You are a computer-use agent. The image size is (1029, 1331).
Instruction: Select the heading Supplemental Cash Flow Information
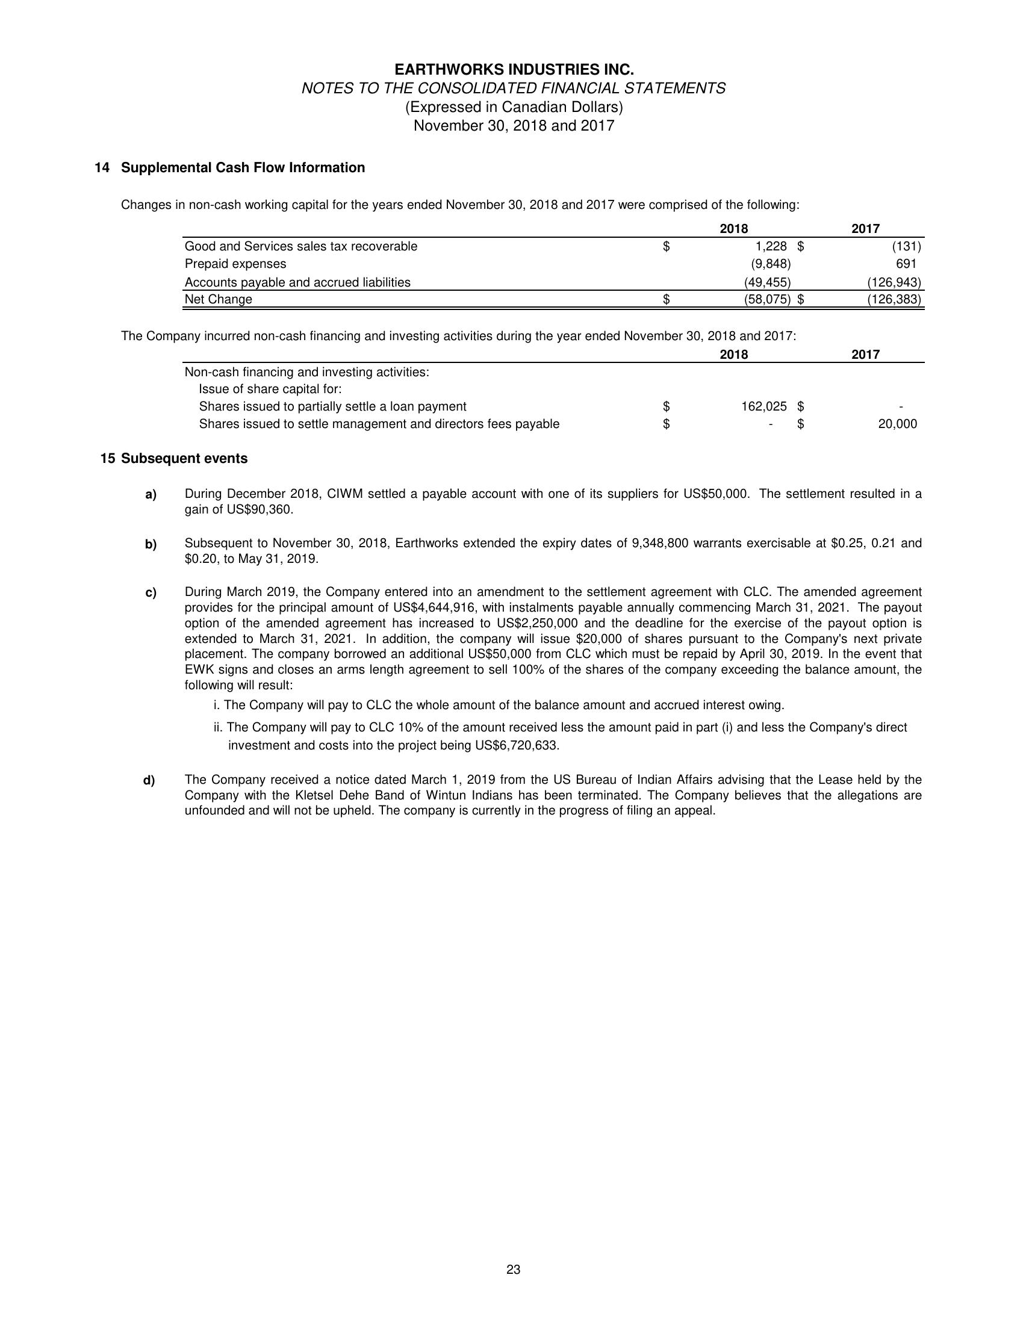pyautogui.click(x=243, y=167)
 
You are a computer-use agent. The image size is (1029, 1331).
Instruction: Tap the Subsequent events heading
pyautogui.click(x=184, y=458)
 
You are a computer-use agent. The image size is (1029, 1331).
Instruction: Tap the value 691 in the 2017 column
pyautogui.click(x=906, y=264)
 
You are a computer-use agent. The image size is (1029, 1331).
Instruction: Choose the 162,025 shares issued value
pyautogui.click(x=763, y=406)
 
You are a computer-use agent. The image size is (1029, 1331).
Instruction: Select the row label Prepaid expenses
pyautogui.click(x=235, y=264)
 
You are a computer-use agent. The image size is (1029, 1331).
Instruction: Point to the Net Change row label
pyautogui.click(x=218, y=299)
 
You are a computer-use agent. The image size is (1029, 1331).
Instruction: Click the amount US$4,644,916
pyautogui.click(x=435, y=607)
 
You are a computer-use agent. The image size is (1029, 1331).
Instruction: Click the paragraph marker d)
pyautogui.click(x=149, y=780)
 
